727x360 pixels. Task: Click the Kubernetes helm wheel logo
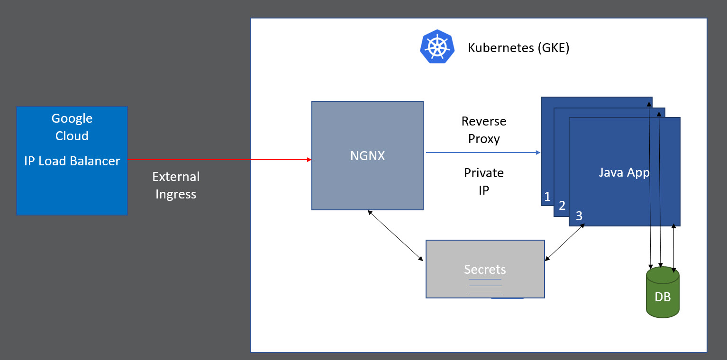click(x=437, y=46)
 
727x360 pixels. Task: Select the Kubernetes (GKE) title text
click(x=518, y=48)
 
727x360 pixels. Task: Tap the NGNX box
click(x=367, y=155)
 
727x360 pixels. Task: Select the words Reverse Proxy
click(x=484, y=130)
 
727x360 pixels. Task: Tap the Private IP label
click(x=484, y=181)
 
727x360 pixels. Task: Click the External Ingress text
click(x=176, y=185)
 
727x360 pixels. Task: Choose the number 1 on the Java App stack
click(x=547, y=197)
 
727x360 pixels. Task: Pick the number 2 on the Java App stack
click(x=562, y=206)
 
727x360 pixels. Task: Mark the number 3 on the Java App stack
click(x=579, y=216)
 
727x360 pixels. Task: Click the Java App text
click(x=624, y=172)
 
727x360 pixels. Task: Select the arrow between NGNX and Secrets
click(x=395, y=235)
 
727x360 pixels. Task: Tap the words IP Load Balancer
click(x=72, y=161)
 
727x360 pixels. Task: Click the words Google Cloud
click(x=72, y=127)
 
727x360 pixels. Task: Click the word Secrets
click(x=485, y=270)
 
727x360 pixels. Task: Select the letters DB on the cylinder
click(x=663, y=297)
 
